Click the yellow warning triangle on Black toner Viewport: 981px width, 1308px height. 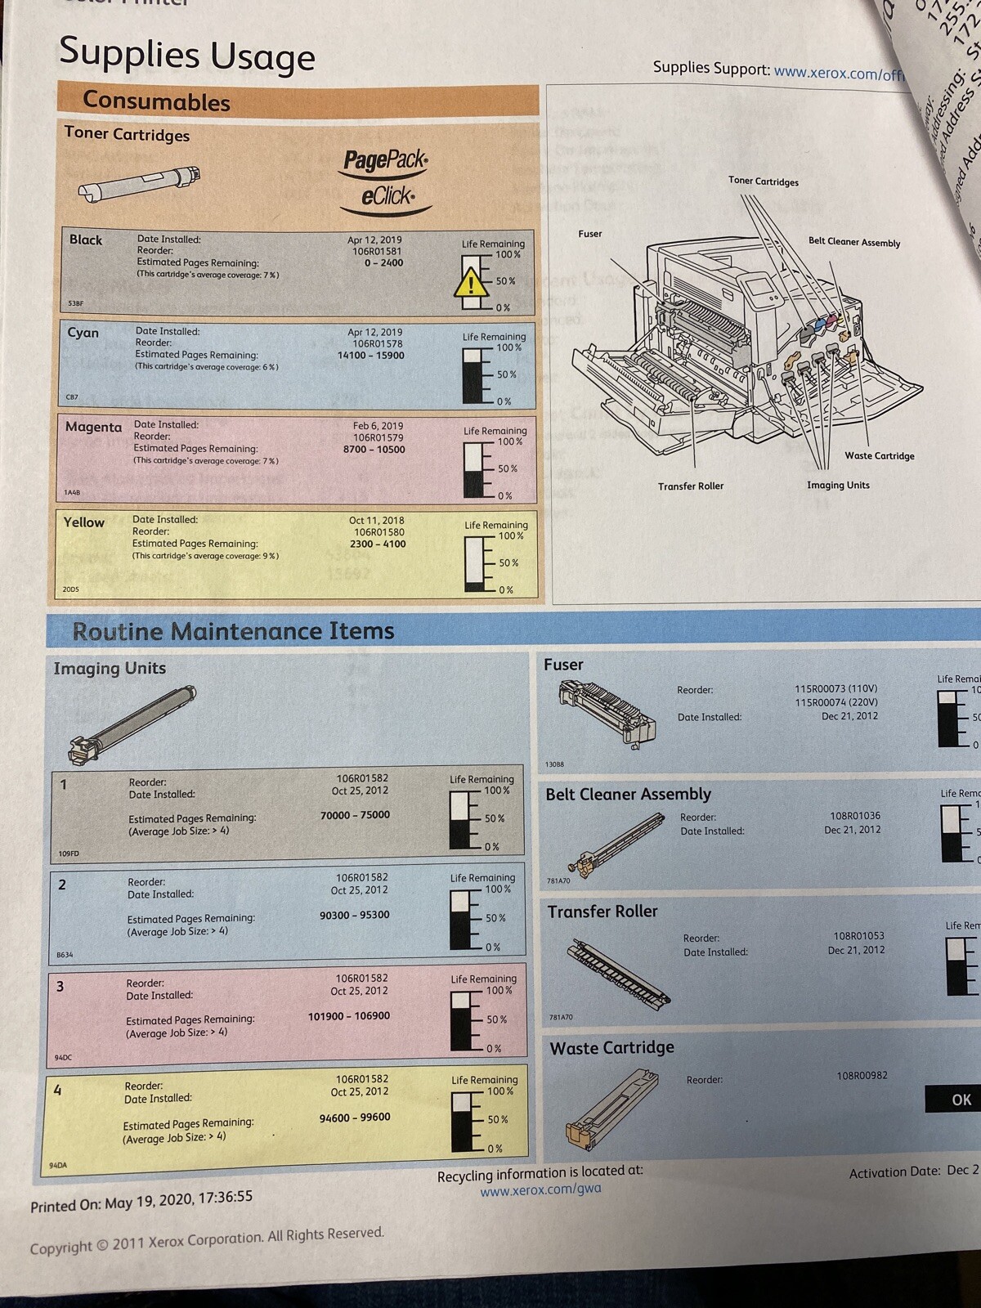[x=471, y=284]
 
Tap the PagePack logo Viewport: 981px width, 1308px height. [x=385, y=160]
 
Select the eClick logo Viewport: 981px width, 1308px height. [x=387, y=196]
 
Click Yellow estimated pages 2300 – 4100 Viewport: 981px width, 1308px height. [x=378, y=544]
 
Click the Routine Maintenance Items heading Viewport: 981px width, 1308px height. [x=233, y=631]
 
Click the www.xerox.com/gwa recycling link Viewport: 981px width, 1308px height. [x=540, y=1190]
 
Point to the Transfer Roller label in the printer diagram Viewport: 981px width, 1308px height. [x=691, y=486]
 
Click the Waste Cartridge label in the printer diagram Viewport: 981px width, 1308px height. [x=879, y=456]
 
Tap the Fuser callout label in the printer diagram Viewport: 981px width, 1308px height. [x=590, y=234]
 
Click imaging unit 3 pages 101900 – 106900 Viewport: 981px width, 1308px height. [x=349, y=1016]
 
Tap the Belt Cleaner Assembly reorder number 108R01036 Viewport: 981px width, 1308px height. [x=855, y=816]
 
